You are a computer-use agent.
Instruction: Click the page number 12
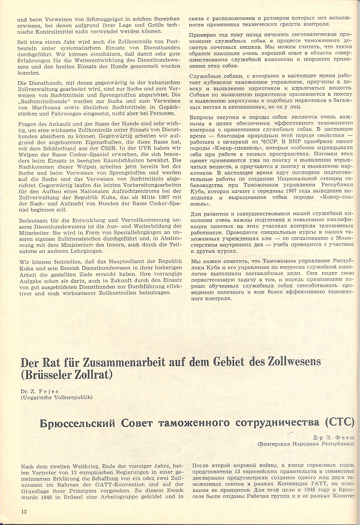(x=24, y=512)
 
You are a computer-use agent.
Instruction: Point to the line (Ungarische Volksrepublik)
(x=57, y=397)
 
